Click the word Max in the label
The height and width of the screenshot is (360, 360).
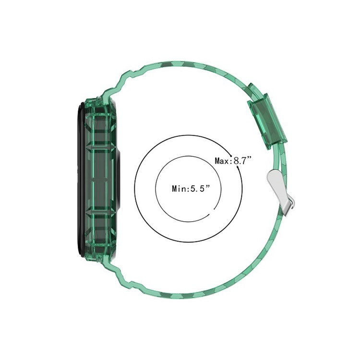click(x=221, y=161)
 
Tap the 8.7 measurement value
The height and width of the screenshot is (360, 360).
click(x=241, y=161)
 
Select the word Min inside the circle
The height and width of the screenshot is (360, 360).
click(x=179, y=189)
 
